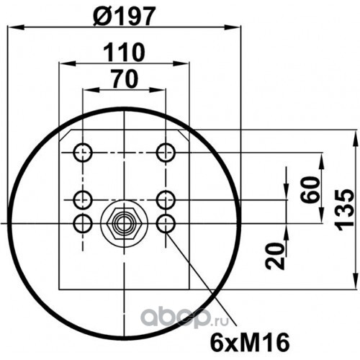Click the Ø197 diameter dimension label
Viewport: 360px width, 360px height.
123,16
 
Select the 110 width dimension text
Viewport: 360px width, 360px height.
124,53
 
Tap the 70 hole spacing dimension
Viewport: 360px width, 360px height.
125,78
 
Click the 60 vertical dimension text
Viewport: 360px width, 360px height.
310,190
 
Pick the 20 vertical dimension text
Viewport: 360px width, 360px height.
275,256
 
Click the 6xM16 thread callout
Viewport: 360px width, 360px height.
250,343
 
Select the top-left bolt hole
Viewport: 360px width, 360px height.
83,153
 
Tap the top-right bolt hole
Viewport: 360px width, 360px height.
166,153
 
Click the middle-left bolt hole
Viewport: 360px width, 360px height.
83,199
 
